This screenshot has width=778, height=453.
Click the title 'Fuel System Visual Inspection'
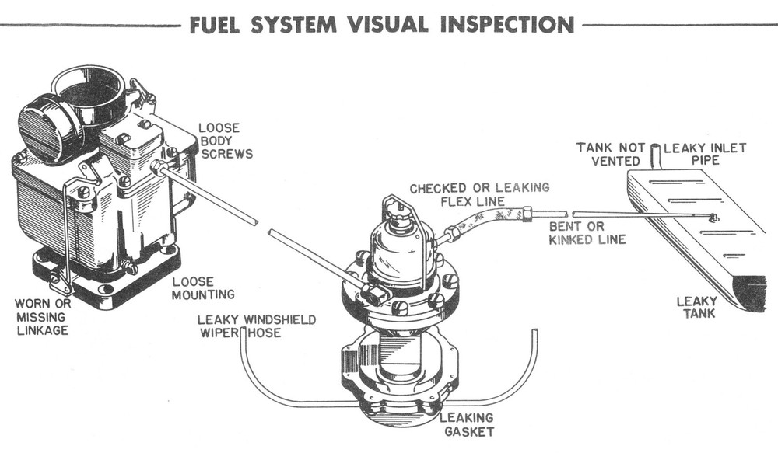(x=381, y=24)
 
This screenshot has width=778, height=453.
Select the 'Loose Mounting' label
(x=203, y=288)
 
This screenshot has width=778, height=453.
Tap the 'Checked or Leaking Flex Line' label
(x=479, y=195)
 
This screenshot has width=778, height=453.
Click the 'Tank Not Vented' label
(x=608, y=154)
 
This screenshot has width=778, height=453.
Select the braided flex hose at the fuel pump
(x=482, y=221)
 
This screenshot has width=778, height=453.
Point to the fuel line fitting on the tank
(x=713, y=218)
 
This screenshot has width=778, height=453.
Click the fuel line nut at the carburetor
(x=157, y=168)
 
